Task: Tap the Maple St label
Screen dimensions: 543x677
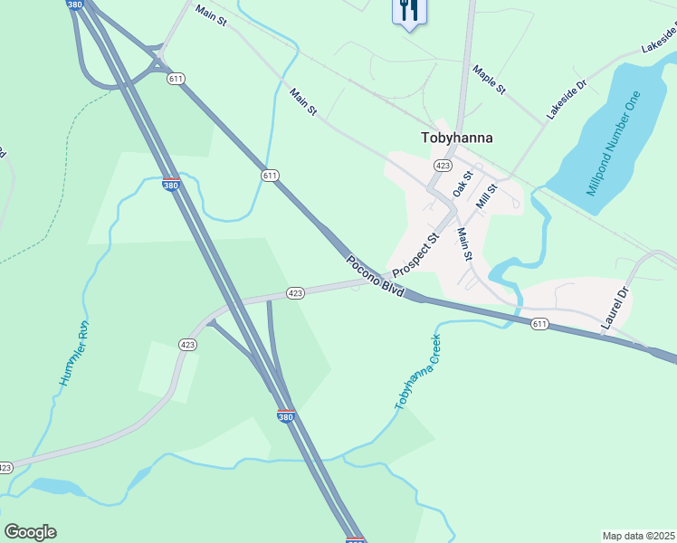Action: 489,81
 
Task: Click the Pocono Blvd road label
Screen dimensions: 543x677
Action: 374,274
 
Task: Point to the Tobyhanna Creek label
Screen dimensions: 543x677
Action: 417,372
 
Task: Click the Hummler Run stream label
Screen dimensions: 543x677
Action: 73,354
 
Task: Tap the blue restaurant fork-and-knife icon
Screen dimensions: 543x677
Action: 409,11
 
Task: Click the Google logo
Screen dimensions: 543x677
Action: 30,532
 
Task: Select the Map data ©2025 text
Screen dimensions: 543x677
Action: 638,536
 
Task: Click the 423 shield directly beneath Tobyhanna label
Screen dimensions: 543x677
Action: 443,166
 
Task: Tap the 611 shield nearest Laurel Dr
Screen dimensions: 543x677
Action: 540,324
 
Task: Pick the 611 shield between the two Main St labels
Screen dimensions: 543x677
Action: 270,175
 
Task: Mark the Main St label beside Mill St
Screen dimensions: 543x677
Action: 464,243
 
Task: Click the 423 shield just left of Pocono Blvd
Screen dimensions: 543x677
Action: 295,293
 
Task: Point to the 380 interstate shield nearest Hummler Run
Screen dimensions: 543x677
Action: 171,185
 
